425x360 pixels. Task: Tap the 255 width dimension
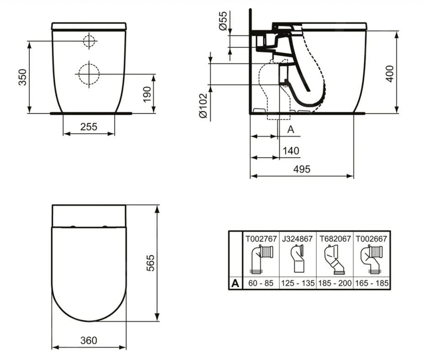click(89, 127)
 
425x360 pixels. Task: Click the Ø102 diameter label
click(203, 106)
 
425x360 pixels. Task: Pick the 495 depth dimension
click(302, 169)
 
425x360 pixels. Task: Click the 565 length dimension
click(151, 263)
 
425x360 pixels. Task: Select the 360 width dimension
click(89, 340)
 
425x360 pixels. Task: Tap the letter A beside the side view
click(291, 130)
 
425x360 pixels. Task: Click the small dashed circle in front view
click(90, 41)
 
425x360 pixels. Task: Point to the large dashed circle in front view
click(88, 73)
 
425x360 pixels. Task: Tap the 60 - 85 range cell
click(261, 283)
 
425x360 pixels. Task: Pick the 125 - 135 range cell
click(297, 283)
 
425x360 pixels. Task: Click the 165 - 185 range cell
click(372, 283)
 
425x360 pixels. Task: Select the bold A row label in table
click(235, 283)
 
